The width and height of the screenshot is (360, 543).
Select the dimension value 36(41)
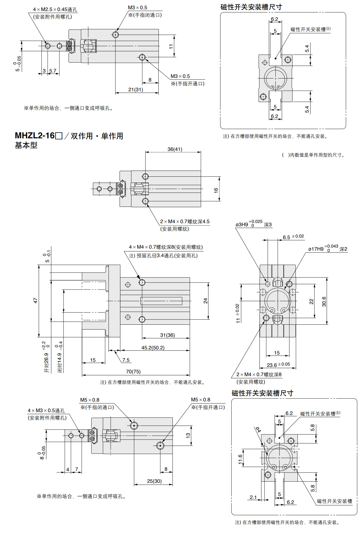coord(175,149)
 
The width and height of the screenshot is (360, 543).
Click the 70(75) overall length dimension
coord(133,372)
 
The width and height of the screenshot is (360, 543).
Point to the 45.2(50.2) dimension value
coord(153,348)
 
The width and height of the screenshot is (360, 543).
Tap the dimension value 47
coord(35,300)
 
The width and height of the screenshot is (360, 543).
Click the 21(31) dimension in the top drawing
coord(136,89)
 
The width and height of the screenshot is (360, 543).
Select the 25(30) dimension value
coord(154,481)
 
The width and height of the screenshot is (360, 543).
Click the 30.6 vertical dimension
coord(324,302)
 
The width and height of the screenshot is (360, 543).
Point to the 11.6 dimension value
coord(240,459)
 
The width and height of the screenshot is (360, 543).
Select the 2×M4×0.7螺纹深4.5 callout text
coord(185,221)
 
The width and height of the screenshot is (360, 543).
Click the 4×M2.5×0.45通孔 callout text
coord(55,10)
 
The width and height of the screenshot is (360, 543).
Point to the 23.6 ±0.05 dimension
coord(278,365)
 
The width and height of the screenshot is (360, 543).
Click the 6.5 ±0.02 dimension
coord(293,237)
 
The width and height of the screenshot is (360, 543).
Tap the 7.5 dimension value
coord(126,360)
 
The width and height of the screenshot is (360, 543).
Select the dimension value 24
coord(205,301)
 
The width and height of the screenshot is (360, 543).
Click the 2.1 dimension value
coord(253,497)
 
